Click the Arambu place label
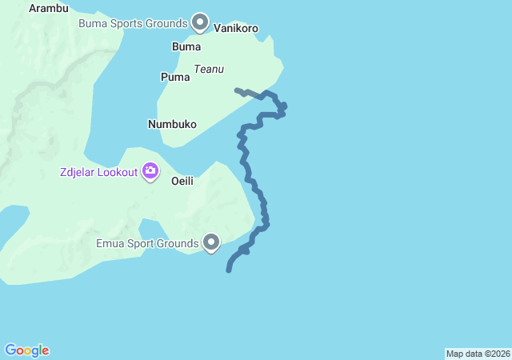[49, 9]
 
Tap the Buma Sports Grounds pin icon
[200, 22]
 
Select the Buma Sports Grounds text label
[133, 23]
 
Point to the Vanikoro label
[236, 28]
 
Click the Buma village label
[186, 46]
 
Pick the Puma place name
[175, 78]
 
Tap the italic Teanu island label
[208, 70]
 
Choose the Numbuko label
[172, 124]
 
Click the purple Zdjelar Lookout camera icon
[150, 170]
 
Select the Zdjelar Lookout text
[98, 171]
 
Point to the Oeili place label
[182, 181]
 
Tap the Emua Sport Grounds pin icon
[211, 242]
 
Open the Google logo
[26, 350]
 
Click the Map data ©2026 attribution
[478, 354]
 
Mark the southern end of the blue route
[229, 270]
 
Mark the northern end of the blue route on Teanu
[236, 90]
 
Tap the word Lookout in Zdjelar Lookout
[118, 171]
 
